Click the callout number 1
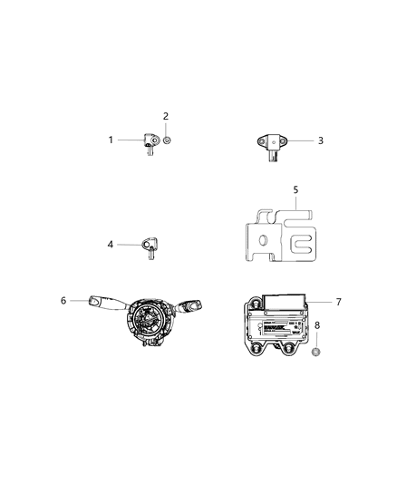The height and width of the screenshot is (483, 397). coord(111,140)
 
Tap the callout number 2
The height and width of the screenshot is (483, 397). coord(166,116)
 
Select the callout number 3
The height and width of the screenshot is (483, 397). coord(320,140)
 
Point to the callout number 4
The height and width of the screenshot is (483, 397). coord(111,245)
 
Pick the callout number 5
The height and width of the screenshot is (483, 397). coord(295,189)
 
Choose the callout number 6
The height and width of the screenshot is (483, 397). coord(63,301)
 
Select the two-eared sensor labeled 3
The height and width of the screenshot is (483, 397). coord(271,141)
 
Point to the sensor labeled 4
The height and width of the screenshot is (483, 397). coord(148,246)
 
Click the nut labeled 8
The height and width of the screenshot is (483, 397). coord(317,350)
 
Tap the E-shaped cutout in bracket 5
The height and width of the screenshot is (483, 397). coord(301,243)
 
